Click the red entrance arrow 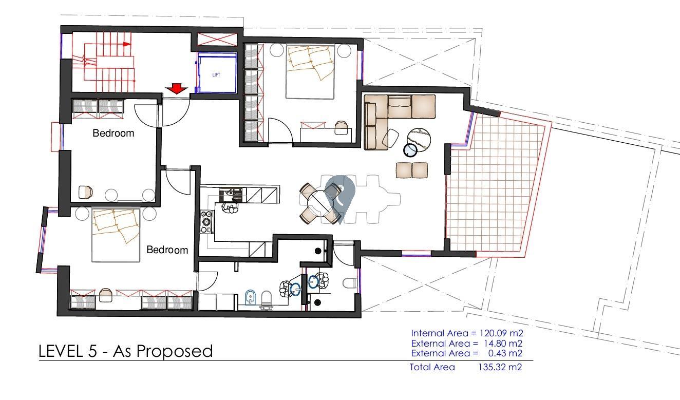tap(176, 89)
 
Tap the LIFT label tap(216, 74)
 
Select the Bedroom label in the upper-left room tap(113, 133)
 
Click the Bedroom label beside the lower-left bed tap(167, 250)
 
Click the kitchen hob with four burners tap(206, 222)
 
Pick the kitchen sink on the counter tap(231, 195)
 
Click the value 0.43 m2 tap(505, 353)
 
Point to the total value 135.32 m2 tap(500, 367)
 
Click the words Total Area tap(432, 367)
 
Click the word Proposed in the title tap(175, 352)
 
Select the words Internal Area tap(440, 333)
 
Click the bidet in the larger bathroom tap(251, 297)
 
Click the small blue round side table tap(411, 150)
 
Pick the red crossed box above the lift tap(217, 40)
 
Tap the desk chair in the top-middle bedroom tap(341, 128)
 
